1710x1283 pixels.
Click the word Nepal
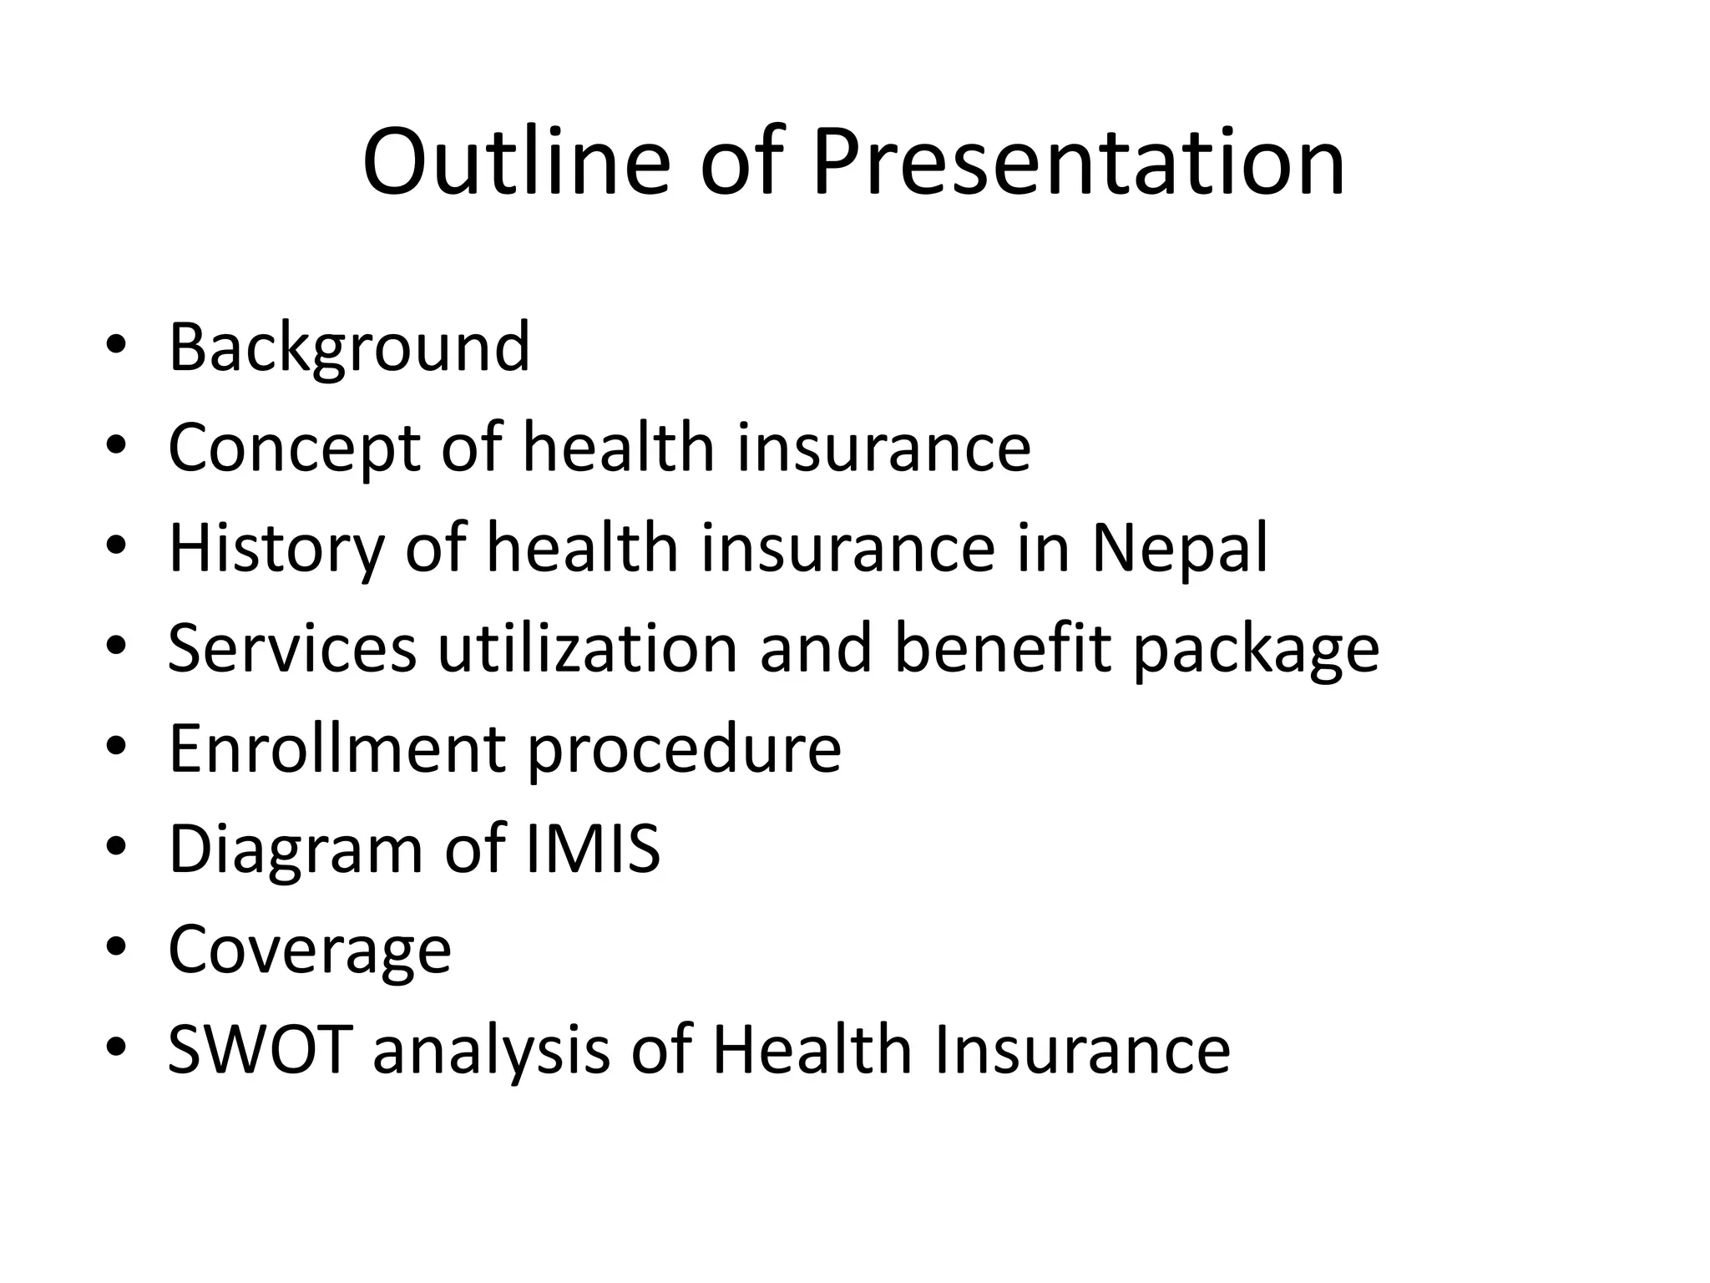point(1180,549)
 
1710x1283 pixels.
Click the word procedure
point(684,750)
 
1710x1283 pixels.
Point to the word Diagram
point(295,849)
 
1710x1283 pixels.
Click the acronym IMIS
point(594,849)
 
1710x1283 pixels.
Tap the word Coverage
point(310,951)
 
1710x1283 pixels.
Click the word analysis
point(491,1051)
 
